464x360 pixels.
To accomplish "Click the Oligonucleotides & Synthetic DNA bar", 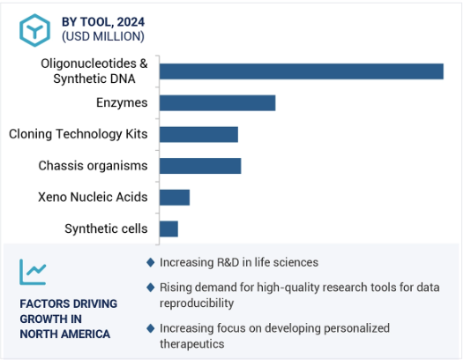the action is [x=301, y=71].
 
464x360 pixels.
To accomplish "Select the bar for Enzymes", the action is [x=218, y=103].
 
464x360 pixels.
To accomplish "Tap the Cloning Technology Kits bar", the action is [x=198, y=134].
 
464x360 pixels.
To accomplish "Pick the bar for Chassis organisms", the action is [x=200, y=166].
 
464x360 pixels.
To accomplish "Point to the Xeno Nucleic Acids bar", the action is [x=175, y=198].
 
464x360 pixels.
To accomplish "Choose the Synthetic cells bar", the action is [x=168, y=229].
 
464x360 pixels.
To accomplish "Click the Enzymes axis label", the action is [x=122, y=102].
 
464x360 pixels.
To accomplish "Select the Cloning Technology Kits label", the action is [x=79, y=134].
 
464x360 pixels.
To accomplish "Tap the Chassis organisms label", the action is [x=93, y=166].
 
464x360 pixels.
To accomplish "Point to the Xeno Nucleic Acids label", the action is [x=93, y=197].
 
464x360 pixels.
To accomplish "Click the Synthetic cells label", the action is [x=106, y=229].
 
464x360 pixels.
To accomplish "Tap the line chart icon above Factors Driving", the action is [x=33, y=272].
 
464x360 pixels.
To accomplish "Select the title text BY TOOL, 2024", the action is [x=103, y=22].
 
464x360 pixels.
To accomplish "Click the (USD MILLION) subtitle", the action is [x=103, y=36].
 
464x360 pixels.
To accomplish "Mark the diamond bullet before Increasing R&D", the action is [x=151, y=262].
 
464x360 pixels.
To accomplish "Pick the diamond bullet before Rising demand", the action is [x=151, y=287].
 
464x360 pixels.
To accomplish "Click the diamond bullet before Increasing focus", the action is [x=151, y=328].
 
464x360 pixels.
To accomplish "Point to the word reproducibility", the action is [x=197, y=304].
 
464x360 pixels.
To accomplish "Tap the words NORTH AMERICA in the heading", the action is [x=64, y=334].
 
